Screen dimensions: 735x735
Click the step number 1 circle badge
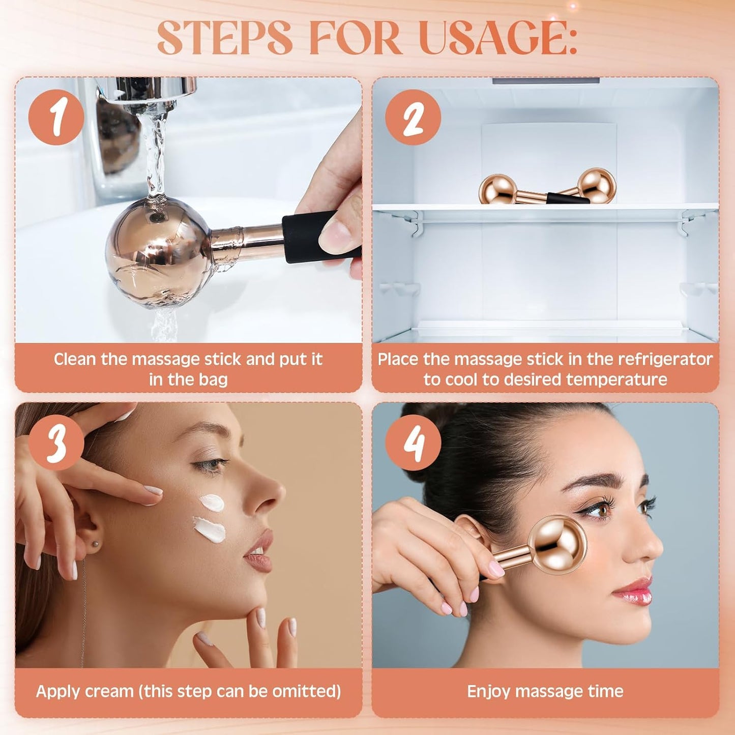56,117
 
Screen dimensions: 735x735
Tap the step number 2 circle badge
413,117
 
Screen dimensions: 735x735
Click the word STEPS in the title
224,38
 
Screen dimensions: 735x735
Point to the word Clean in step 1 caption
75,359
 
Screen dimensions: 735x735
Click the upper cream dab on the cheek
212,503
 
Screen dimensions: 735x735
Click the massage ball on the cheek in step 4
557,544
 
